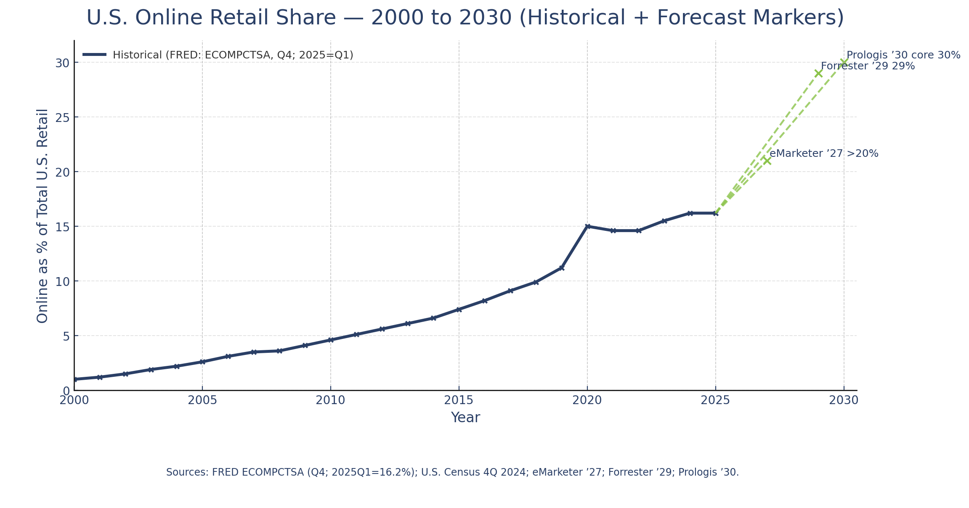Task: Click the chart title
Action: click(x=465, y=18)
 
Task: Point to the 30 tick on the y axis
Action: click(x=62, y=63)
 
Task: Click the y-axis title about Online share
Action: click(x=42, y=216)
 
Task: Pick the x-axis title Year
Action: click(x=465, y=418)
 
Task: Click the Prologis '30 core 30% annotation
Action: click(x=903, y=55)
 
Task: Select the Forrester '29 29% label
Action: click(x=868, y=66)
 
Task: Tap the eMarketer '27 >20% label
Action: click(x=824, y=154)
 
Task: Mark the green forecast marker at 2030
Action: click(x=844, y=62)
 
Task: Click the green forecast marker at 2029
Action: click(x=818, y=74)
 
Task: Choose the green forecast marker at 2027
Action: click(x=767, y=161)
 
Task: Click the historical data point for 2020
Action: click(x=587, y=226)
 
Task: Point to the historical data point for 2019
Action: click(x=562, y=268)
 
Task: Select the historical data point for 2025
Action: click(x=715, y=213)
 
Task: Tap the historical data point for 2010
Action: click(x=331, y=340)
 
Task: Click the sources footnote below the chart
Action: click(x=452, y=472)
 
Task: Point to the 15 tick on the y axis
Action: click(x=62, y=227)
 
